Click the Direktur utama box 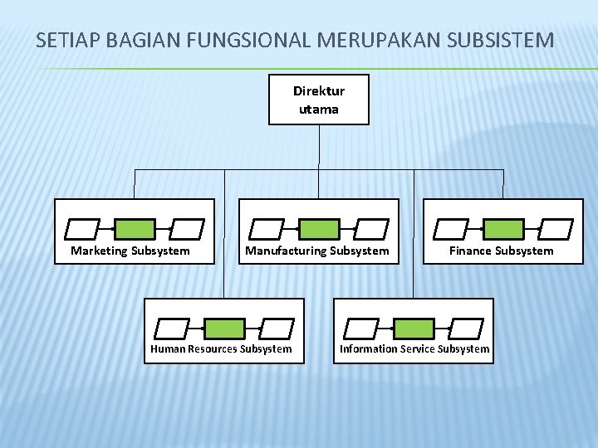[318, 100]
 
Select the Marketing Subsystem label [130, 251]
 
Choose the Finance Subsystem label [501, 251]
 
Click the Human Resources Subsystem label [221, 348]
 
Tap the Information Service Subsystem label [414, 348]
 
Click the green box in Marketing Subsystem [134, 228]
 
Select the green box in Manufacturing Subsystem [319, 228]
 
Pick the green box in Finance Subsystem [504, 228]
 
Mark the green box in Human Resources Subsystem [225, 328]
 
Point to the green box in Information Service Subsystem [414, 328]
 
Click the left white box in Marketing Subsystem [83, 228]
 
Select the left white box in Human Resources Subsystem [174, 328]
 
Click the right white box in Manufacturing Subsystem [370, 228]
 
